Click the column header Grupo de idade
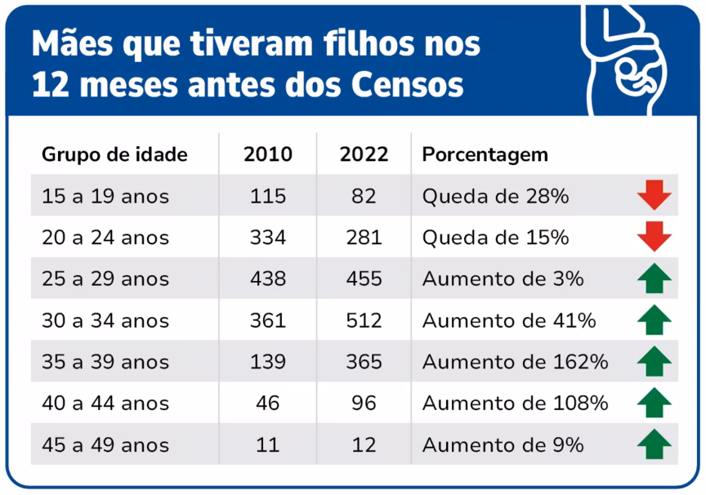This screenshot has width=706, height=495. pos(114,154)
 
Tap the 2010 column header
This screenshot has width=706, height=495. pos(268,154)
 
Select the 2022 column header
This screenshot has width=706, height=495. pos(364,154)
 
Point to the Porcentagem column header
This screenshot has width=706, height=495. pos(485,154)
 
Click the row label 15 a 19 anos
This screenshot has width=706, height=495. pos(105,196)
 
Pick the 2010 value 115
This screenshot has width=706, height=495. pos(268,196)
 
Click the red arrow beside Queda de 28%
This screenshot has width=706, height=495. pos(655,196)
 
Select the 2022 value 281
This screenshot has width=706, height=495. pos(364,238)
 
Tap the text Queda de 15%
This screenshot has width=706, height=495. pos(495,238)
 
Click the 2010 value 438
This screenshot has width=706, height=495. pos(268,279)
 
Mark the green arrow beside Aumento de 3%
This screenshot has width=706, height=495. pos(655,279)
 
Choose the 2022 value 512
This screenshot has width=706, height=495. pos(364,320)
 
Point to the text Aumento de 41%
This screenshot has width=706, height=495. pos(509,320)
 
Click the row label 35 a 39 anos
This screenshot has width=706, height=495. pos(105,362)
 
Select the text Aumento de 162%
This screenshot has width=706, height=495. pos(515,362)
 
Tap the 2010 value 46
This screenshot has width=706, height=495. pos(268,404)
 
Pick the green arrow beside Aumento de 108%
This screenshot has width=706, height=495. pos(655,404)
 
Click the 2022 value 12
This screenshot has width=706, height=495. pos(364,445)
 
